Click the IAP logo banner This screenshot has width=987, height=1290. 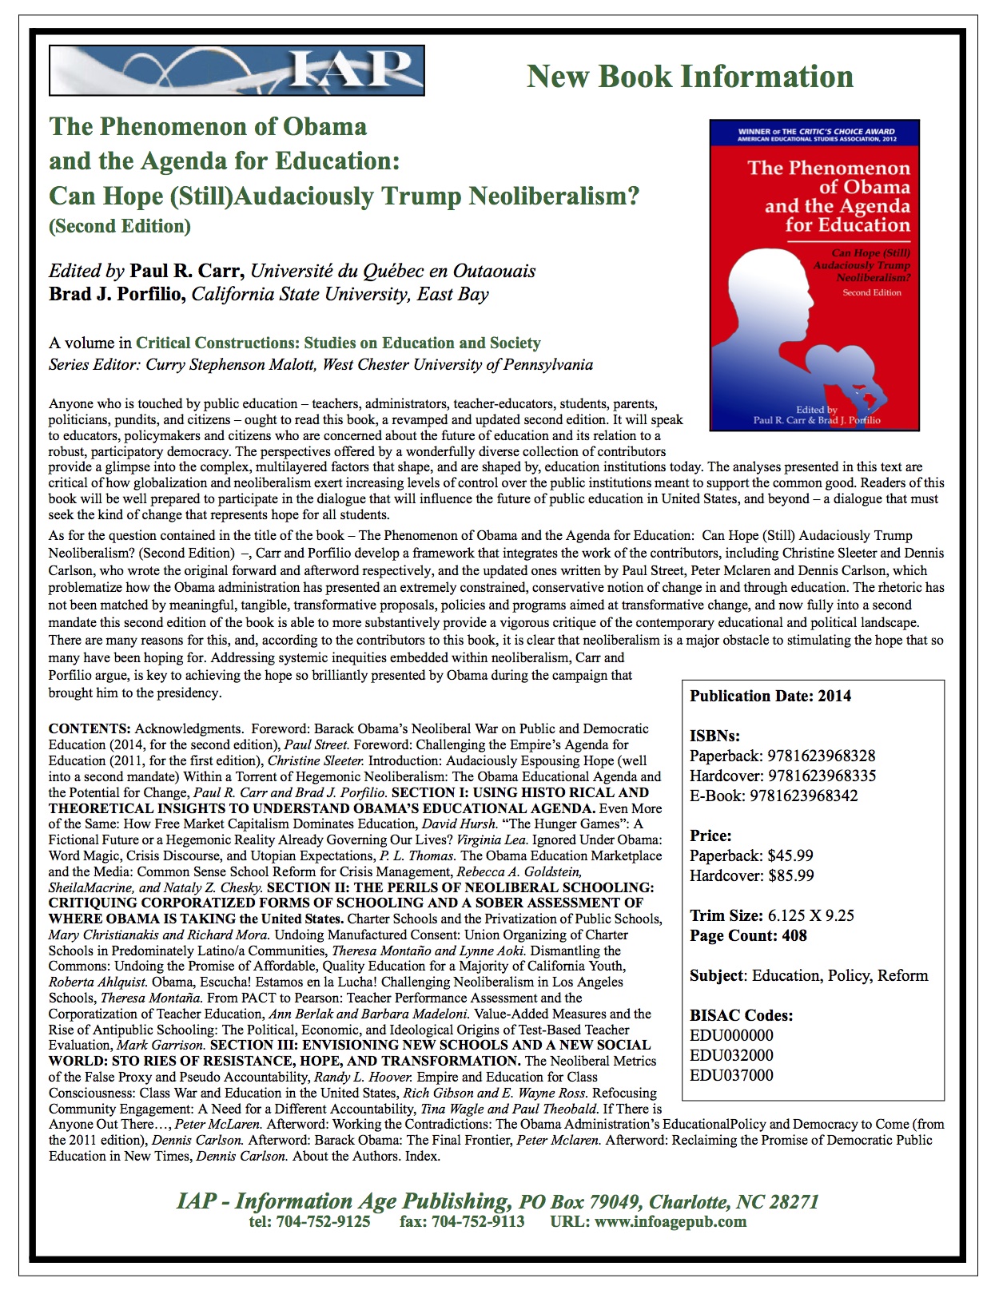237,70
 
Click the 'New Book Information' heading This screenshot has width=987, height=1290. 690,77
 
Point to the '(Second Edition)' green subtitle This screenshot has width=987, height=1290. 120,226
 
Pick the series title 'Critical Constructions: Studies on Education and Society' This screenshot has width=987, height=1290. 338,343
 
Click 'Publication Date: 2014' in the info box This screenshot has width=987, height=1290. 770,696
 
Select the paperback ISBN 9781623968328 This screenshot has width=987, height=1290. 821,756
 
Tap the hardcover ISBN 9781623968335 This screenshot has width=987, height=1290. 822,776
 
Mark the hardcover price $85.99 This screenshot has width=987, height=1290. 790,875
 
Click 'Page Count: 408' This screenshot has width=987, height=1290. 748,935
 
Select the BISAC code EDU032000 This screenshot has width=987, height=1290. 731,1055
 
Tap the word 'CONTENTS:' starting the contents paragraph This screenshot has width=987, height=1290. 90,728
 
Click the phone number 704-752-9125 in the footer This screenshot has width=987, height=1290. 323,1221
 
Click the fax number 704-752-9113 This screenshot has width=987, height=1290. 477,1221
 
